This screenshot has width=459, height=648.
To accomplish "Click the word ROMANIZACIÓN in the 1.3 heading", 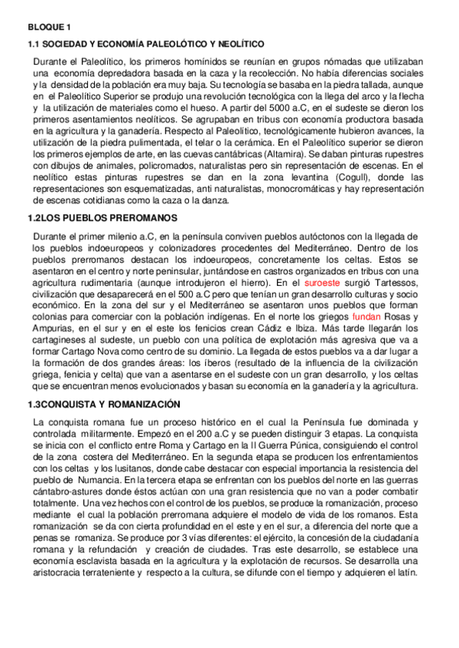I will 138,404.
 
